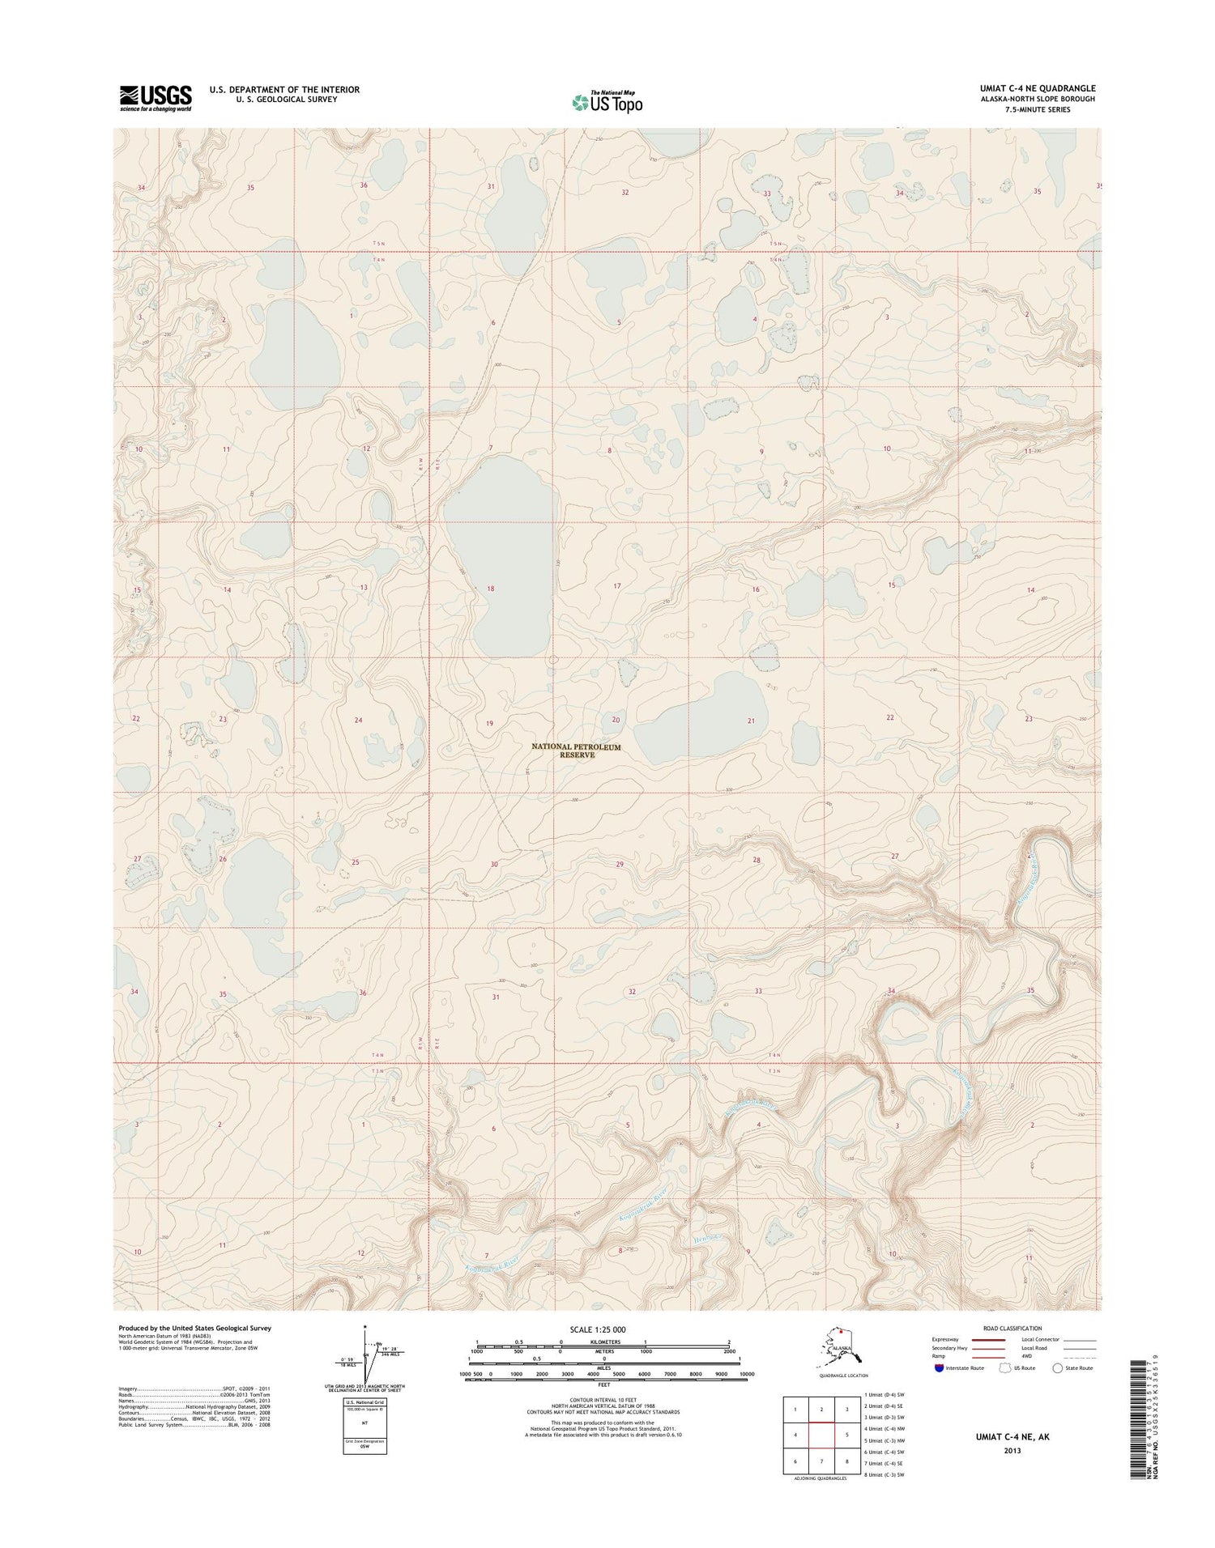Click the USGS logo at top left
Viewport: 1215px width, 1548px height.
pos(156,98)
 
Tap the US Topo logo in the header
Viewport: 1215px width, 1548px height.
pos(607,102)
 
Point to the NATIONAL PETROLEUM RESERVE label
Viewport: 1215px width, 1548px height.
pos(576,751)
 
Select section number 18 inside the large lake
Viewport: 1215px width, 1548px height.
pos(490,589)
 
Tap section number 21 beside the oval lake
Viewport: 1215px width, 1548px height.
pos(751,721)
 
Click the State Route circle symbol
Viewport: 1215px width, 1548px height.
pos(1056,1368)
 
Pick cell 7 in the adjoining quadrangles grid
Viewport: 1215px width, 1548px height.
pos(821,1461)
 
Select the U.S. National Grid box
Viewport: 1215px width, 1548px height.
pos(364,1424)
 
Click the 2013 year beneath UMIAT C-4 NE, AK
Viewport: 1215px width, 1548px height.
pos(1010,1450)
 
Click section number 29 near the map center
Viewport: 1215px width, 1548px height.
pos(620,865)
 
